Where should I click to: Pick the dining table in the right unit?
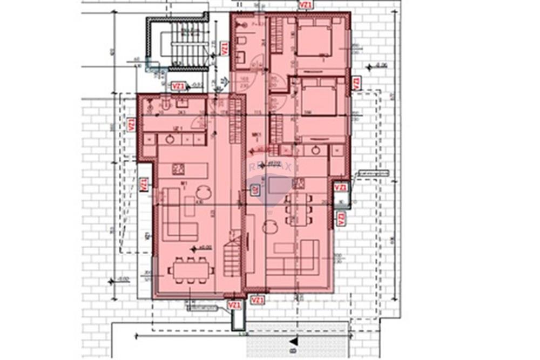[299, 209]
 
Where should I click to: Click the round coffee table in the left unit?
[204, 193]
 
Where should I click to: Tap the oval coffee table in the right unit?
[270, 228]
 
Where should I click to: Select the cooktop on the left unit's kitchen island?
[178, 169]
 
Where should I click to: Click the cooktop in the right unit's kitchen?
[298, 184]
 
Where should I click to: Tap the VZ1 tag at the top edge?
[306, 5]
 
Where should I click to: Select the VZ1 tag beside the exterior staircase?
[224, 49]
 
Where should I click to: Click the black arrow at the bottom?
[293, 341]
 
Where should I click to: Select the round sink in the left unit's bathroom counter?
[170, 139]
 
